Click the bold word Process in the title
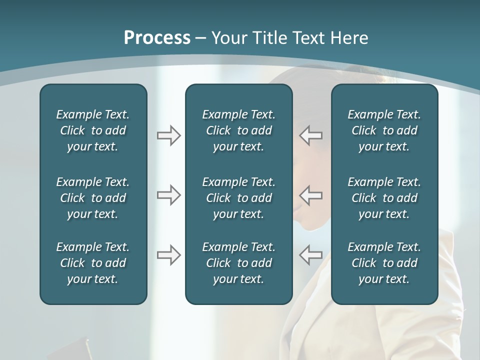[157, 38]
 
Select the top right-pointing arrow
[168, 135]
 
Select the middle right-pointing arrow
[168, 194]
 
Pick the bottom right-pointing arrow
[168, 255]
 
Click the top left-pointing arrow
[311, 135]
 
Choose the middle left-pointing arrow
[311, 194]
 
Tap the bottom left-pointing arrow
[311, 255]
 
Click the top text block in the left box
[93, 130]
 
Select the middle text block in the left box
[93, 198]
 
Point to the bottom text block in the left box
[93, 263]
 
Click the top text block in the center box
[239, 130]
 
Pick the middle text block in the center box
[239, 198]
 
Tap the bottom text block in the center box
[239, 263]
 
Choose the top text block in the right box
[384, 130]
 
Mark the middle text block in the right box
[384, 198]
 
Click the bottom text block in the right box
[384, 263]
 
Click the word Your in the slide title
[227, 38]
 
